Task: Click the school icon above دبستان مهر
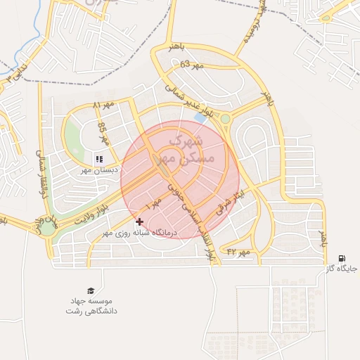99,159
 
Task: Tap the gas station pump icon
342,258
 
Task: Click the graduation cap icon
90,291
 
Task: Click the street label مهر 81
103,105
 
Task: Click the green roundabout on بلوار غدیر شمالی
225,118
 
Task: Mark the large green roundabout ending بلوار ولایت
47,227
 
